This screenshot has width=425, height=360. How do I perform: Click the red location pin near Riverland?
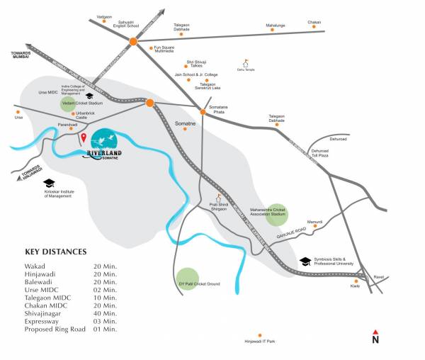tap(83, 137)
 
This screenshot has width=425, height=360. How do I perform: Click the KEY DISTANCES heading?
tap(56, 252)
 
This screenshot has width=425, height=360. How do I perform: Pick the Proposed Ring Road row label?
tap(55, 330)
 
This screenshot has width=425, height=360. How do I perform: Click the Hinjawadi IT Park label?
tap(259, 341)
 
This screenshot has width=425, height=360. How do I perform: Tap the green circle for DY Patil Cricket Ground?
tap(187, 279)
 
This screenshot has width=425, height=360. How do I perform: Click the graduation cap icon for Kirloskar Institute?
tap(49, 184)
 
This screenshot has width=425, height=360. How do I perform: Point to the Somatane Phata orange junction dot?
tap(202, 112)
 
